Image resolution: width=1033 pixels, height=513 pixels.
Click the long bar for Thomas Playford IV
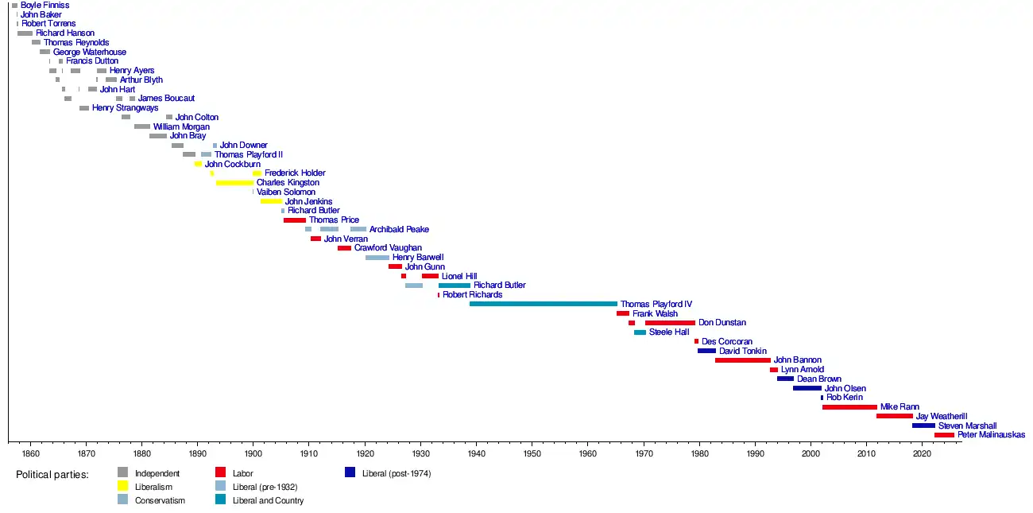pos(543,304)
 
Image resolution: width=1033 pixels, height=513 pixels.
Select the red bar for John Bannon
pos(742,360)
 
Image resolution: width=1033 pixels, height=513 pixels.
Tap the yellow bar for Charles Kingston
pos(234,183)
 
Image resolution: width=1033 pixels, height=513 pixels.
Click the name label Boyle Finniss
pos(44,5)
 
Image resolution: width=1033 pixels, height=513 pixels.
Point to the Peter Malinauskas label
pos(991,435)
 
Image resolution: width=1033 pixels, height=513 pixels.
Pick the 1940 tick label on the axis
pos(477,453)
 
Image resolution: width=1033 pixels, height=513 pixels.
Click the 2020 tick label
pos(923,453)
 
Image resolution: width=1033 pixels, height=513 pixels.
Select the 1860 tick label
pos(30,453)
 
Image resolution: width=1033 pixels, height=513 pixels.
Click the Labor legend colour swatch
pos(221,472)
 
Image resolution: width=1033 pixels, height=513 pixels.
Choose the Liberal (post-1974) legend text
pos(396,473)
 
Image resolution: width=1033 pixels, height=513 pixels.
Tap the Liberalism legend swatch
pos(122,486)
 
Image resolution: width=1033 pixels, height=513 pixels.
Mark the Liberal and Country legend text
pos(268,500)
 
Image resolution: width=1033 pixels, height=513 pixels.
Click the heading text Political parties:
pos(52,474)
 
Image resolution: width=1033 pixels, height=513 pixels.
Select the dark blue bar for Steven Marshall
pos(923,426)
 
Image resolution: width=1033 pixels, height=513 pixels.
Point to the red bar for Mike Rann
pos(849,407)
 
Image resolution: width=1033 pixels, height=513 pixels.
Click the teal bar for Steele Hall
pos(640,332)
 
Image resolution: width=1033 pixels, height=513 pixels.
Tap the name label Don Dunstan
pos(722,323)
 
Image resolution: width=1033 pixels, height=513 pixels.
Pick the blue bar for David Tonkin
pos(706,351)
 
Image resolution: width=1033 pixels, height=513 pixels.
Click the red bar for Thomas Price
pos(294,220)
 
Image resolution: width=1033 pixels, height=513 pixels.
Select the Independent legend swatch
pos(122,472)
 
